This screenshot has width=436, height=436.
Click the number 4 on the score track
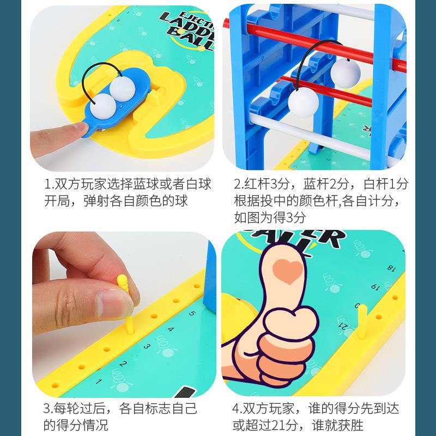tap(171, 329)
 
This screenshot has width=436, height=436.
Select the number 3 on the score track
tap(147, 346)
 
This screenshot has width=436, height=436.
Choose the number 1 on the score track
tap(99, 380)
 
